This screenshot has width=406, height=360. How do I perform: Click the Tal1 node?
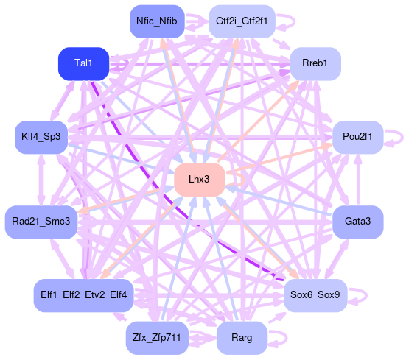83,63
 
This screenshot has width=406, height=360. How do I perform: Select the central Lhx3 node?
200,180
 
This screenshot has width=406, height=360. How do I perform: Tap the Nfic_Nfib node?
157,21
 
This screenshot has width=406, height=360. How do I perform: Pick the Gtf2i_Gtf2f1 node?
242,21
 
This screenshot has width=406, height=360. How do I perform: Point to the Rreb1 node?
315,63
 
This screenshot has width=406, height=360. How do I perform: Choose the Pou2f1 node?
358,137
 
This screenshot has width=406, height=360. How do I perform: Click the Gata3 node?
358,222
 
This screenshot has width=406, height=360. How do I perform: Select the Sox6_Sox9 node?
315,295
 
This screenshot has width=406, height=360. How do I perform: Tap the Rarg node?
242,338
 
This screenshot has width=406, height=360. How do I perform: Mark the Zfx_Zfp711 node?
157,338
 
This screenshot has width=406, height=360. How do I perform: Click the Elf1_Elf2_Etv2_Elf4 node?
83,295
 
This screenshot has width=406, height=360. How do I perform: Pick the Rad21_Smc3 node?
41,222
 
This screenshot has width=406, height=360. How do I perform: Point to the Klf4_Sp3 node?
41,137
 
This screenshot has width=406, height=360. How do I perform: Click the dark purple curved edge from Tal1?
161,188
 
